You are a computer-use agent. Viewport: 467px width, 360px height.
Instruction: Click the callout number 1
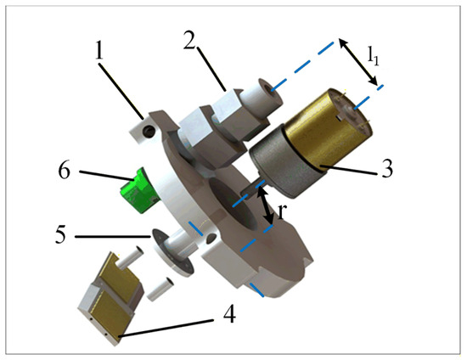click(x=100, y=50)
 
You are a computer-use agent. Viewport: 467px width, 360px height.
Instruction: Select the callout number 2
click(x=189, y=39)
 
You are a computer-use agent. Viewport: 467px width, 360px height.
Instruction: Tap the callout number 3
click(x=387, y=168)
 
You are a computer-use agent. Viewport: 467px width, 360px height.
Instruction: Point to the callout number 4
click(x=229, y=313)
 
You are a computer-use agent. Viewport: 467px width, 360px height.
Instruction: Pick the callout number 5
click(x=60, y=234)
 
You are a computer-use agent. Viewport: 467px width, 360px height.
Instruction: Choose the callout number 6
click(x=64, y=171)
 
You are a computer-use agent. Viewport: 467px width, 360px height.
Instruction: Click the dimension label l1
click(x=374, y=56)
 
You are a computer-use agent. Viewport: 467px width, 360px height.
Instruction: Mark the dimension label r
click(x=281, y=211)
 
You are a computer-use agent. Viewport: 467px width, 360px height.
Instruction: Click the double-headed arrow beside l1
click(x=357, y=62)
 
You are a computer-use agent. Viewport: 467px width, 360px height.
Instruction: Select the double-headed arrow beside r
click(x=266, y=205)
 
